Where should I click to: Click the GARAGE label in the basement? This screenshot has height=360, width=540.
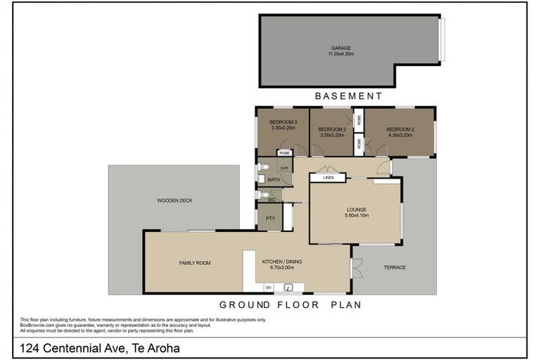click(340, 48)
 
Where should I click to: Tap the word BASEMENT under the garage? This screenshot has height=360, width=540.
click(348, 96)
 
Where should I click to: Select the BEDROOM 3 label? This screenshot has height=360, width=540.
click(283, 123)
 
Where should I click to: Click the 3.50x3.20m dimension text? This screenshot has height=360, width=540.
click(331, 135)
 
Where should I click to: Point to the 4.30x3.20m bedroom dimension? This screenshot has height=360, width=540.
click(399, 135)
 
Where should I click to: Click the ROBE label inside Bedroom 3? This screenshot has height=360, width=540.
click(284, 153)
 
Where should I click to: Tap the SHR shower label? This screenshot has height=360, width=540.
click(284, 168)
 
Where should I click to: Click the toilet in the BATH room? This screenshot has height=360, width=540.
click(262, 167)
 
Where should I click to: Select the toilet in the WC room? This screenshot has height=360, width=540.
click(262, 195)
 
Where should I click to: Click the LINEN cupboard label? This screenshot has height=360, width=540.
click(328, 178)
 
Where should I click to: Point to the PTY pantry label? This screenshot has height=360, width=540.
click(269, 219)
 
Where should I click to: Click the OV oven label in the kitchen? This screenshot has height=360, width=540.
click(268, 287)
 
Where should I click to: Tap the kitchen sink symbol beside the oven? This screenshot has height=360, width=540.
click(288, 287)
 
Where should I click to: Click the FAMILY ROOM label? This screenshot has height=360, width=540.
click(195, 263)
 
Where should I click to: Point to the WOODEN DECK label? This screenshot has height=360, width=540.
click(174, 200)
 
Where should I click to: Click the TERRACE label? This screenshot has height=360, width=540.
click(394, 267)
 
